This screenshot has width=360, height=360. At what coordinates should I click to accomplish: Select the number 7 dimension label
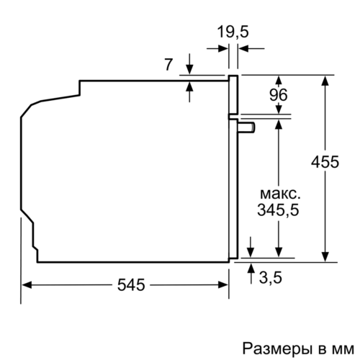coord(168,65)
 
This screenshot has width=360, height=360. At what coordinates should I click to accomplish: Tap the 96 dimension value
coord(278,94)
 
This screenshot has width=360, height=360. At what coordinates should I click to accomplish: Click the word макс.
coord(278,194)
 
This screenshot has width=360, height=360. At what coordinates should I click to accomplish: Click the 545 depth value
coord(130,285)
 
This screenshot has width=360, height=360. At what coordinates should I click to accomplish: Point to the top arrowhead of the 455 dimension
coord(326,79)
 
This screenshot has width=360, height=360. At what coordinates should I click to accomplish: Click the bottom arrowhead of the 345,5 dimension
coord(279,252)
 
